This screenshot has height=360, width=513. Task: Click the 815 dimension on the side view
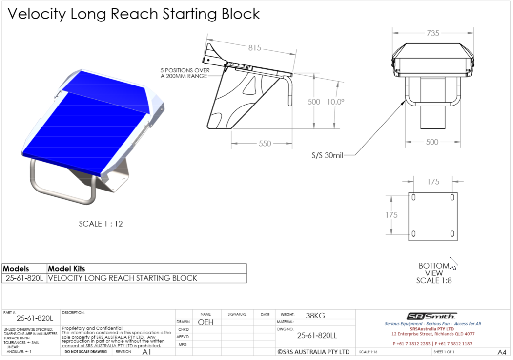pos(254,48)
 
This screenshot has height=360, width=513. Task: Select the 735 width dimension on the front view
pos(433,33)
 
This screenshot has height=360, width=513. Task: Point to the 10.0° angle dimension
pos(336,102)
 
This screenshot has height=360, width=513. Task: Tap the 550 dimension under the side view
pos(265,144)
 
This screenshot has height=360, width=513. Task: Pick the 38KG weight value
pos(315,316)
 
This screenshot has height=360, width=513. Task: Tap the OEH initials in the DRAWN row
pos(205,322)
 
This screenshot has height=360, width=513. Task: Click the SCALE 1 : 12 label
pos(101,224)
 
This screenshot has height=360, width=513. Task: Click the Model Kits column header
pos(66,269)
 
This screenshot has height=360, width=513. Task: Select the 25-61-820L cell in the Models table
pos(24,278)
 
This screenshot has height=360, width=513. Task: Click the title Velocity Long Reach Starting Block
pos(133,14)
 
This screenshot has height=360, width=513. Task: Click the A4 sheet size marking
pos(501,352)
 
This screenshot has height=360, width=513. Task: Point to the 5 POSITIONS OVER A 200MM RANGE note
pos(185,73)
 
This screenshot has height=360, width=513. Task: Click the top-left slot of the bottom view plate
pos(414,197)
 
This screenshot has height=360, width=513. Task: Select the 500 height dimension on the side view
pos(314,102)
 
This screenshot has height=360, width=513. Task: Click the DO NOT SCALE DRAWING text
pos(86,352)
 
